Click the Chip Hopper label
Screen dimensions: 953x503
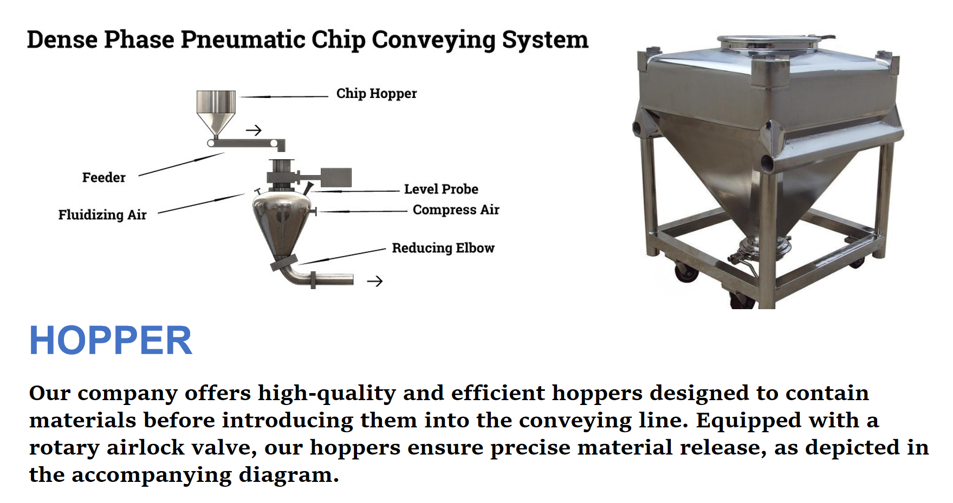[377, 94]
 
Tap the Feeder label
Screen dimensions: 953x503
[103, 178]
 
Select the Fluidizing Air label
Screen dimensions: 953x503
[102, 215]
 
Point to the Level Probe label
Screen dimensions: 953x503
[441, 189]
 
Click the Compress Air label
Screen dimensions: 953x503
[456, 210]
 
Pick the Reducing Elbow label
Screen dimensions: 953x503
[443, 248]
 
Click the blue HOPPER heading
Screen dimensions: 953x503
[111, 341]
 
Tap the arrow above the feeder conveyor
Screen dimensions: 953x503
[254, 130]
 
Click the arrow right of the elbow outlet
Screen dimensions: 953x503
[375, 281]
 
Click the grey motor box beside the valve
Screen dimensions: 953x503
[336, 178]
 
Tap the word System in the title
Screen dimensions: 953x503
[545, 40]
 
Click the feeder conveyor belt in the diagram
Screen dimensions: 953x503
[246, 143]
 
